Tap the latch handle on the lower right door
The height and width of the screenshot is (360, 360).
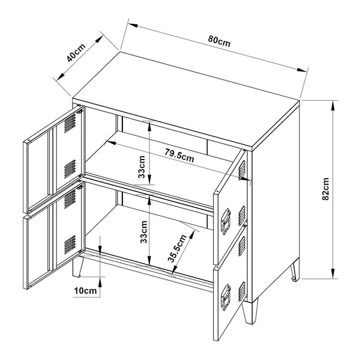228,296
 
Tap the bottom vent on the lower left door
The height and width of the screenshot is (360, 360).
70,244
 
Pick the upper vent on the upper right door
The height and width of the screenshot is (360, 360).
242,169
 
